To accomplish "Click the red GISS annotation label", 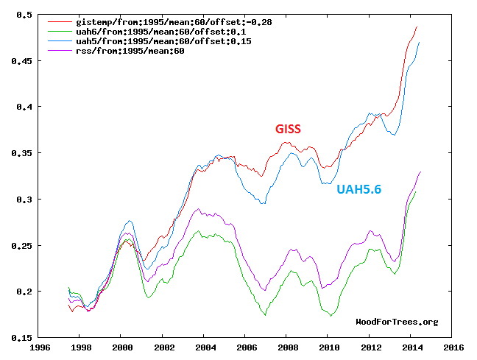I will tap(288, 130).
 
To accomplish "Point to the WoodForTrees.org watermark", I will tap(397, 322).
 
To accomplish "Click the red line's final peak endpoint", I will tap(417, 27).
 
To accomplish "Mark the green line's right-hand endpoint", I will tap(416, 191).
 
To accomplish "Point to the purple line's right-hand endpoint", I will tap(420, 172).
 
